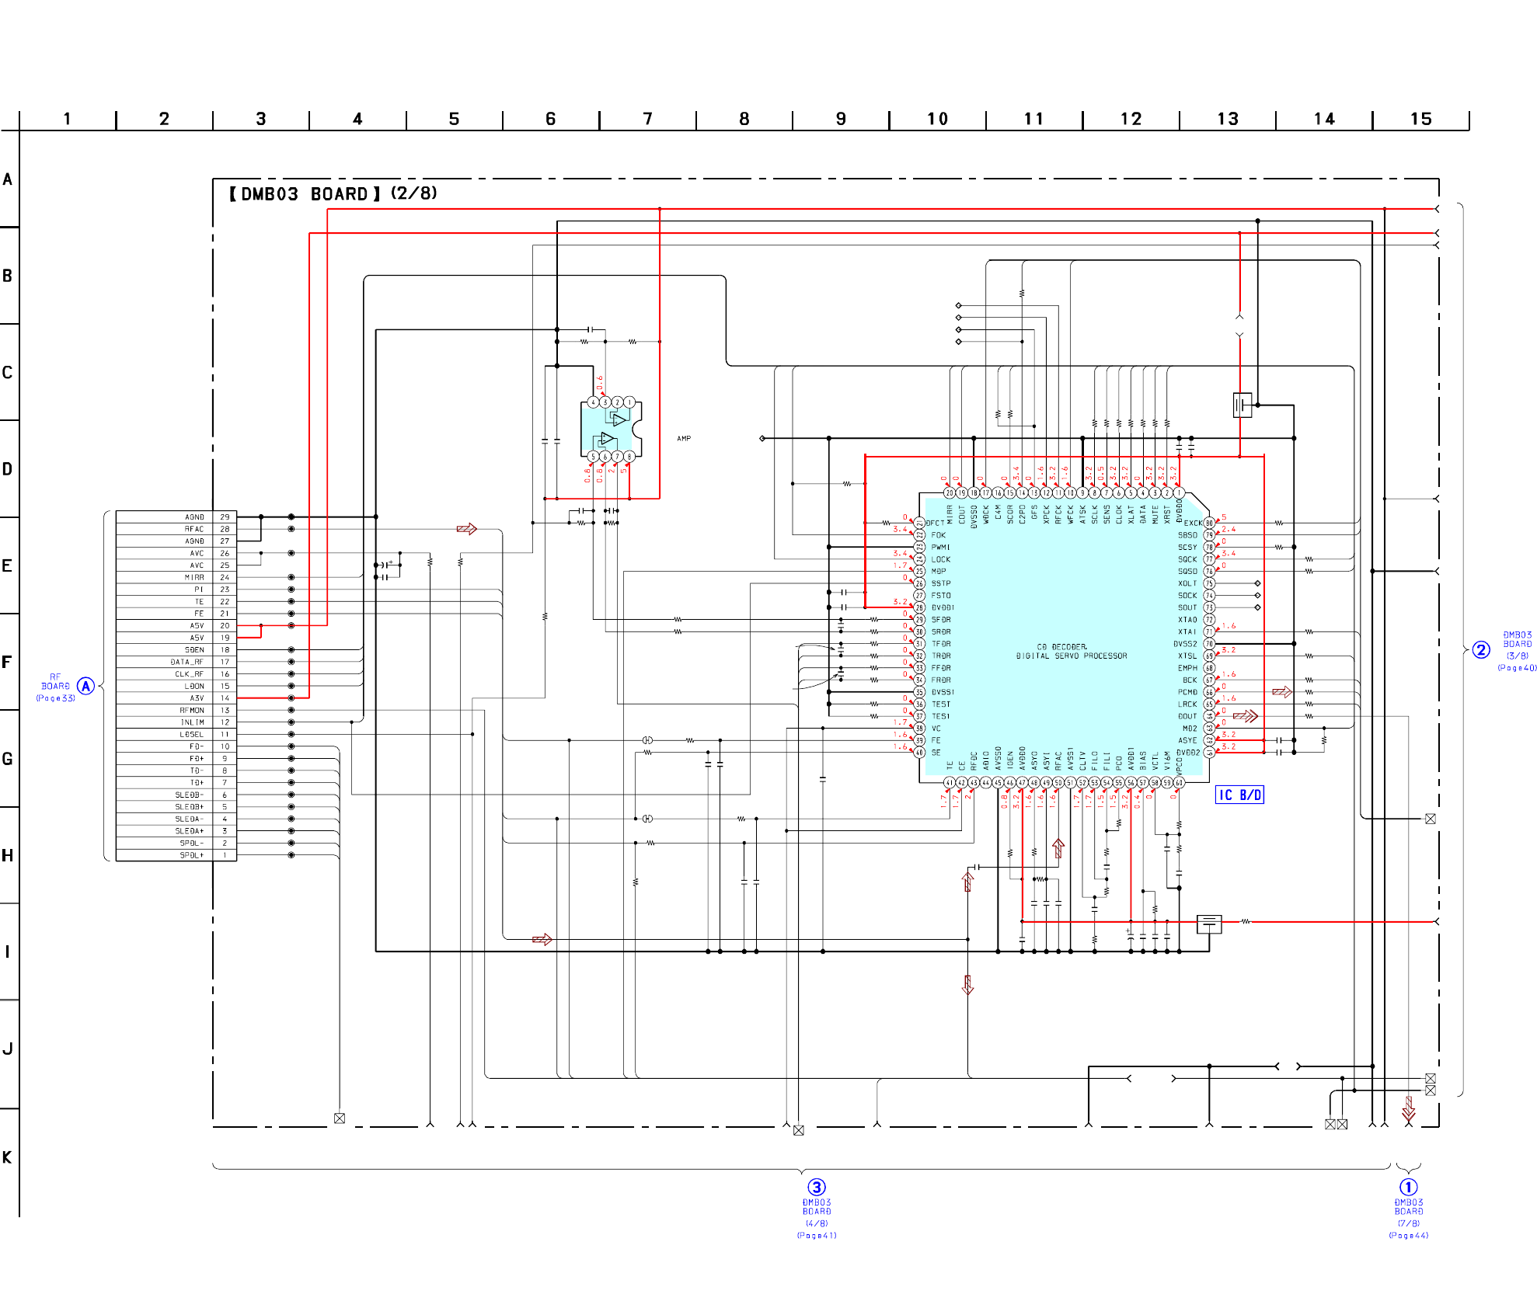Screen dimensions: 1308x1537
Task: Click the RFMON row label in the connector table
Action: tap(192, 710)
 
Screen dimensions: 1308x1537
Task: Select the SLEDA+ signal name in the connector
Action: tap(190, 831)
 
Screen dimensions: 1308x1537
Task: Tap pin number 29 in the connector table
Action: tap(225, 517)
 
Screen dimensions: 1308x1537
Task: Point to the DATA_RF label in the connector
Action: tap(187, 662)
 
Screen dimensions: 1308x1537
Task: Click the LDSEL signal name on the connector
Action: tap(192, 734)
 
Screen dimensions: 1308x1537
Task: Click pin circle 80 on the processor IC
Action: tap(1209, 523)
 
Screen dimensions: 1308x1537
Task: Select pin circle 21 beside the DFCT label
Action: tap(919, 523)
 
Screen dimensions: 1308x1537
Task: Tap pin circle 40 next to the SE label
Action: tap(919, 752)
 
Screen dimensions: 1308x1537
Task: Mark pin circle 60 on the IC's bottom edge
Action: tap(1179, 782)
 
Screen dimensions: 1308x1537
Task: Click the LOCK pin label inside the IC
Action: tap(941, 559)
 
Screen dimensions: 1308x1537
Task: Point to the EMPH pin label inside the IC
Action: tap(1187, 668)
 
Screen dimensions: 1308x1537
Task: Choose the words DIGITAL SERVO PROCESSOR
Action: tap(1072, 656)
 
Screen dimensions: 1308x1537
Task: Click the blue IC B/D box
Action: tap(1239, 795)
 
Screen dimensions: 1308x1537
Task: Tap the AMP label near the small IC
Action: tap(684, 439)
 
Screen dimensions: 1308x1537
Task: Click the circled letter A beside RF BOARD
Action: tap(85, 686)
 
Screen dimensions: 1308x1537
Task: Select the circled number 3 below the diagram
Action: tap(817, 1187)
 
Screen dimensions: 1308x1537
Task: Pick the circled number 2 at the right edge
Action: tap(1481, 650)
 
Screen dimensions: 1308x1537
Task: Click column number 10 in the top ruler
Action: tap(937, 119)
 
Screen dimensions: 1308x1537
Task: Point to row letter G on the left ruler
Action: tap(8, 759)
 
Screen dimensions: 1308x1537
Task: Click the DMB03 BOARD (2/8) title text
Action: tap(333, 193)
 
